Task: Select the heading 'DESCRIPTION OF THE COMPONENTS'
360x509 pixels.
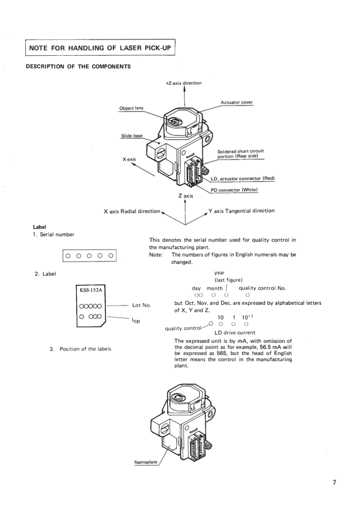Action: coord(79,67)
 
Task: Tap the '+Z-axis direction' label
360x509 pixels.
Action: coord(184,83)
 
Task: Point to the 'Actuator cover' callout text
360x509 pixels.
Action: coord(237,103)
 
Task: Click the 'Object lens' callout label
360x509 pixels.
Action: coord(131,108)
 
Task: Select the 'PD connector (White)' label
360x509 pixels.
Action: coord(234,190)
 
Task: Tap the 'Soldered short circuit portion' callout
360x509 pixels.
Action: coord(241,154)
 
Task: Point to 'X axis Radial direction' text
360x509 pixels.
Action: coord(132,211)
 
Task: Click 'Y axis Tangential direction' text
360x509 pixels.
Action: coord(241,210)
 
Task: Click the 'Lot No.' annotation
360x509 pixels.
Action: coord(141,305)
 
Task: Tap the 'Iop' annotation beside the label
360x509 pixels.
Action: coord(135,321)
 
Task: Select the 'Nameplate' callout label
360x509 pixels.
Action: coord(146,462)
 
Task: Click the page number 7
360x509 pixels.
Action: coord(334,482)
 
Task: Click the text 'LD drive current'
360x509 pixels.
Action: coord(235,333)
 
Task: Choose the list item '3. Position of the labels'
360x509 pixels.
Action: coord(80,349)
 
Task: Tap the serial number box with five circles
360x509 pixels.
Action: coord(89,256)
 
